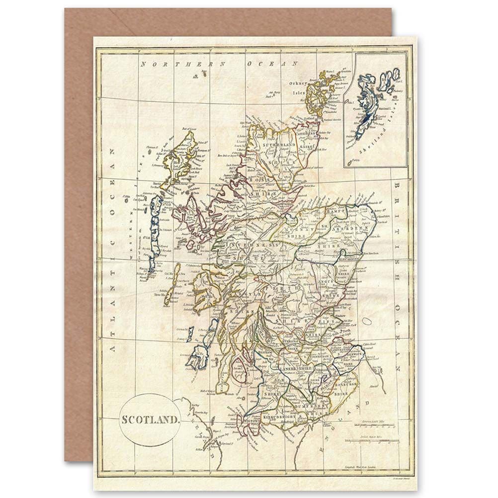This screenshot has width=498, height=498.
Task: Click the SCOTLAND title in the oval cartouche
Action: pyautogui.click(x=150, y=418)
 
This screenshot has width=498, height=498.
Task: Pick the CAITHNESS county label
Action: pyautogui.click(x=307, y=134)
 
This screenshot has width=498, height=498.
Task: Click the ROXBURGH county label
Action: pyautogui.click(x=346, y=384)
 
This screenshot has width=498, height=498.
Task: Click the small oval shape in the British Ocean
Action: pyautogui.click(x=366, y=321)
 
